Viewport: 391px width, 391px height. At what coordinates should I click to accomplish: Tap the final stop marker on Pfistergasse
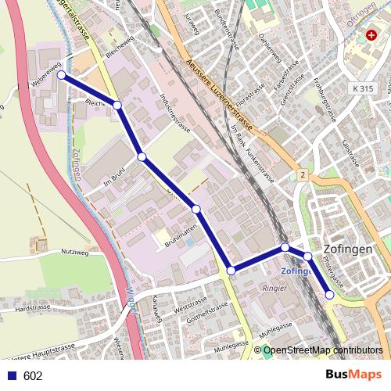329,294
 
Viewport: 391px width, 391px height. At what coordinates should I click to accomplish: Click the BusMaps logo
353,375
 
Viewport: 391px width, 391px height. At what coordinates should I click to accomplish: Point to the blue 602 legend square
12,375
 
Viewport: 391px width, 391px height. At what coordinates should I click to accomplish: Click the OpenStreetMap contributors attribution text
323,351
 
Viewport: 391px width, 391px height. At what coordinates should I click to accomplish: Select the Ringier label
275,286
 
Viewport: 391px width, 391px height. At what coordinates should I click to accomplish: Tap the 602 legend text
33,375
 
